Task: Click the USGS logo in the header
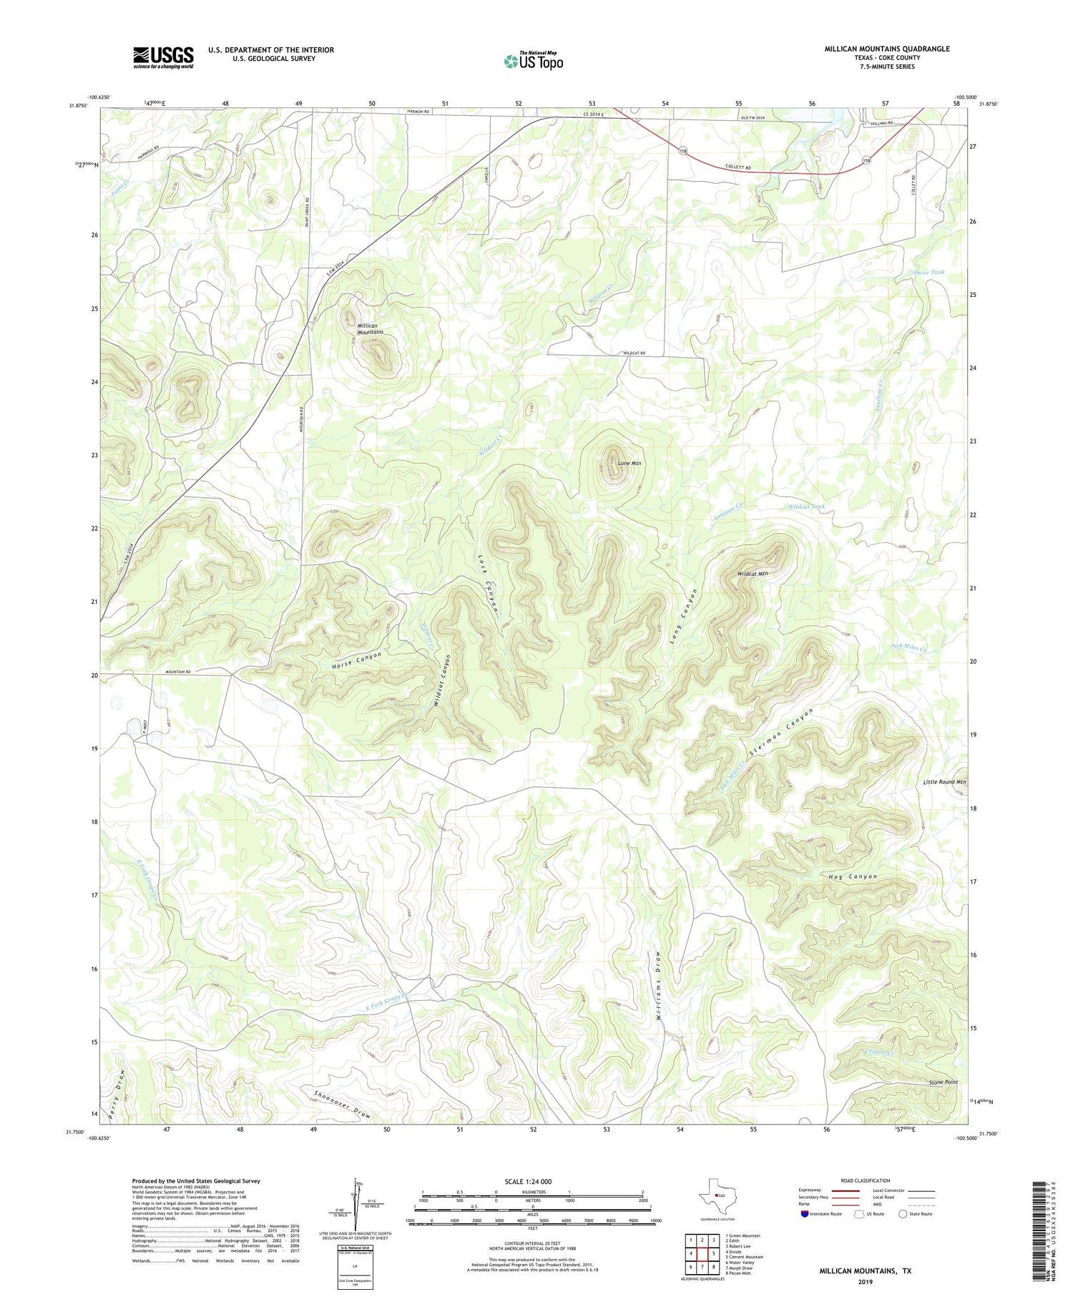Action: pyautogui.click(x=163, y=57)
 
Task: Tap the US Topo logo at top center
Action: pyautogui.click(x=533, y=61)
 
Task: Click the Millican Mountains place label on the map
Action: pyautogui.click(x=371, y=328)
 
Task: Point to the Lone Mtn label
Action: pyautogui.click(x=629, y=463)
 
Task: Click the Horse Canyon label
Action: pyautogui.click(x=356, y=661)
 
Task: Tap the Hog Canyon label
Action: pyautogui.click(x=851, y=876)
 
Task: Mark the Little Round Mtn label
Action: pyautogui.click(x=944, y=782)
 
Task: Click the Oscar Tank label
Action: pyautogui.click(x=929, y=272)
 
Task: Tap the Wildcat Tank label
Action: pyautogui.click(x=805, y=506)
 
